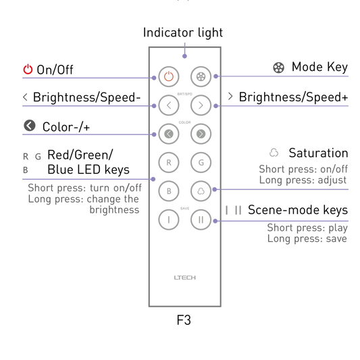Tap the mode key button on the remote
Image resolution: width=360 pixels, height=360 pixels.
201,77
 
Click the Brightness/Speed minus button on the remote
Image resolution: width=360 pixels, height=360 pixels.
169,105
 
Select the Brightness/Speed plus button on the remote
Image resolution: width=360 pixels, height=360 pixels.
201,105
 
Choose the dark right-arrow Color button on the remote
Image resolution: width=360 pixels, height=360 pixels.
201,134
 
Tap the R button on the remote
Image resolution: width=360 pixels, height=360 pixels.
169,163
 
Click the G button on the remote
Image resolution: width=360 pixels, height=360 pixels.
201,163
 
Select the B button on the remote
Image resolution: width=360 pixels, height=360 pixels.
169,191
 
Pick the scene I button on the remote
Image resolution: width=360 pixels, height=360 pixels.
169,220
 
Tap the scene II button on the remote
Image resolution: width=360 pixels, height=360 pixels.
201,220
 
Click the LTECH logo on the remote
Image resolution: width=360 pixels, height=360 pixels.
185,278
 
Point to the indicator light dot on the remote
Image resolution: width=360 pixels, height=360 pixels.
184,56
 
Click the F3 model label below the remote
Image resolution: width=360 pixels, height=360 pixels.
184,320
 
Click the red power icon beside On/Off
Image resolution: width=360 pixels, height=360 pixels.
28,70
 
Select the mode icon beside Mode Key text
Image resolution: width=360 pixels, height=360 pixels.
278,68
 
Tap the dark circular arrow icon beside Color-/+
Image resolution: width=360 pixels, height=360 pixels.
30,126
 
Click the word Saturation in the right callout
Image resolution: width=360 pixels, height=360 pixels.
318,153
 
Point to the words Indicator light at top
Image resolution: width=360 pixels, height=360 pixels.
183,32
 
